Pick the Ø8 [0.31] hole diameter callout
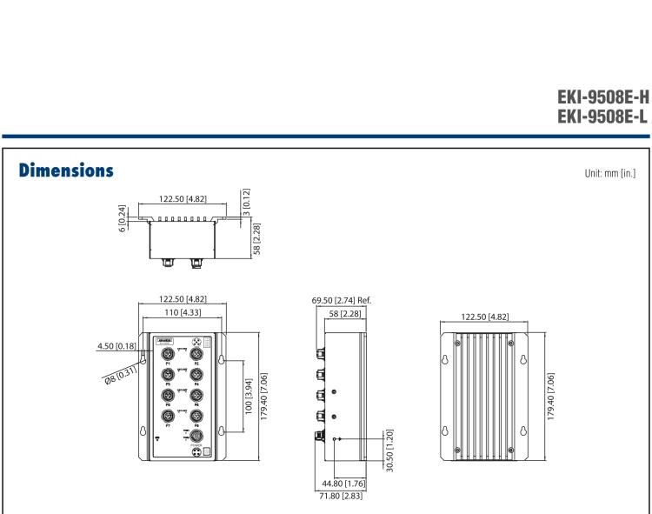117,371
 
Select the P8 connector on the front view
196,416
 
